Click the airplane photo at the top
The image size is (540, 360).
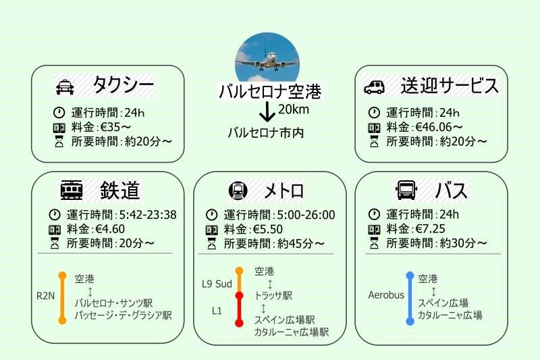(x=267, y=58)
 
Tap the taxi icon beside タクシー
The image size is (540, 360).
(x=64, y=86)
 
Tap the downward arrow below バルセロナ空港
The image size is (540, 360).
(x=268, y=111)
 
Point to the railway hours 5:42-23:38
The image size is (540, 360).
(x=146, y=215)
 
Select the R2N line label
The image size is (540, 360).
(x=45, y=295)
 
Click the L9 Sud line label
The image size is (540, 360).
(x=217, y=284)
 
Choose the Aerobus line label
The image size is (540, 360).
(x=386, y=295)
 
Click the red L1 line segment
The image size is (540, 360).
(x=239, y=310)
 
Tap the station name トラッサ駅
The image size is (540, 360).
(x=273, y=295)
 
